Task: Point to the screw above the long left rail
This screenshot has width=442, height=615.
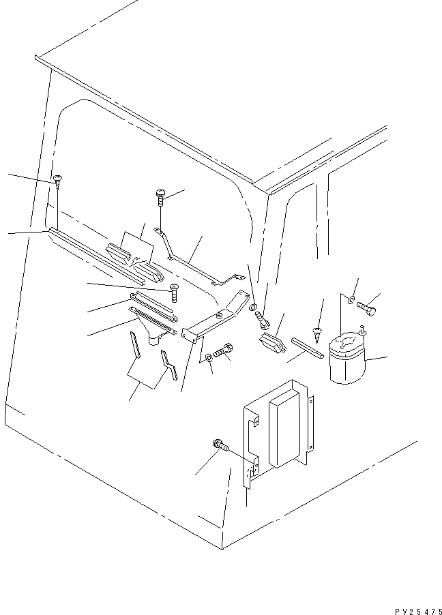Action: pyautogui.click(x=57, y=181)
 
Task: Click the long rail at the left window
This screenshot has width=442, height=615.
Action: pyautogui.click(x=95, y=256)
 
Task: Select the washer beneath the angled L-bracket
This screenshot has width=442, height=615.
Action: pyautogui.click(x=207, y=359)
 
